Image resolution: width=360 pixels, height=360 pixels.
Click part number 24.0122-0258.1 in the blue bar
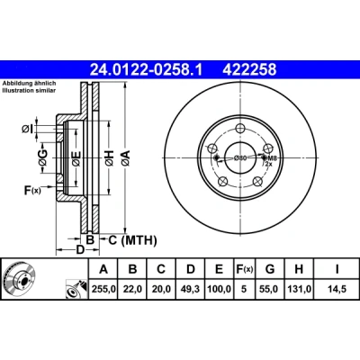[147, 70]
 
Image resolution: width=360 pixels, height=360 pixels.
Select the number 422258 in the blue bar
[249, 70]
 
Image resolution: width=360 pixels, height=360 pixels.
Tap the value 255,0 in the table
[103, 289]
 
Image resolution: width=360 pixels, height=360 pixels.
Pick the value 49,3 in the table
[191, 289]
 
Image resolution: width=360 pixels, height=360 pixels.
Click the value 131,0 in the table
[299, 289]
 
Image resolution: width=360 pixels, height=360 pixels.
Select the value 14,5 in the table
[337, 289]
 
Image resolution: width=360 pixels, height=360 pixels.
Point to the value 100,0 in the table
[220, 289]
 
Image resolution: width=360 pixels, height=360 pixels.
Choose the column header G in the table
[270, 269]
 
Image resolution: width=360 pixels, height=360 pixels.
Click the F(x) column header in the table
[244, 269]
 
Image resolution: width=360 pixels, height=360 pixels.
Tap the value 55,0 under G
[270, 289]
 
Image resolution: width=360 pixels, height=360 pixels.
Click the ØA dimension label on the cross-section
[126, 157]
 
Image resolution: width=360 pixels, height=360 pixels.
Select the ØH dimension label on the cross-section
[110, 157]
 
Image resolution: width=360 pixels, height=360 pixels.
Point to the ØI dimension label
[27, 130]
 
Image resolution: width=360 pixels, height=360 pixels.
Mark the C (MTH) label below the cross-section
[132, 240]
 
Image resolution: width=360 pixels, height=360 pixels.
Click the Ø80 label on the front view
[240, 157]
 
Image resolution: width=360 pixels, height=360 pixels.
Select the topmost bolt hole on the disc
[239, 129]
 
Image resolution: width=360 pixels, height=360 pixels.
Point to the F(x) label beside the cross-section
[32, 190]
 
